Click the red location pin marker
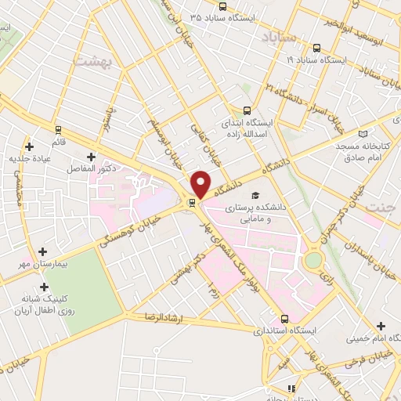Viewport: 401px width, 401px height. pyautogui.click(x=201, y=183)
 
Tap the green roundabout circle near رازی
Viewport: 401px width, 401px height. pyautogui.click(x=314, y=259)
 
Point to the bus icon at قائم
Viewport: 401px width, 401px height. pyautogui.click(x=57, y=129)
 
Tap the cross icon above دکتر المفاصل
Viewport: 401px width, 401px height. pyautogui.click(x=92, y=156)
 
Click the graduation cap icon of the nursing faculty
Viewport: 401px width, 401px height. pyautogui.click(x=254, y=196)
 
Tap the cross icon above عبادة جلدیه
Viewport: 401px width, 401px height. pyautogui.click(x=29, y=146)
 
